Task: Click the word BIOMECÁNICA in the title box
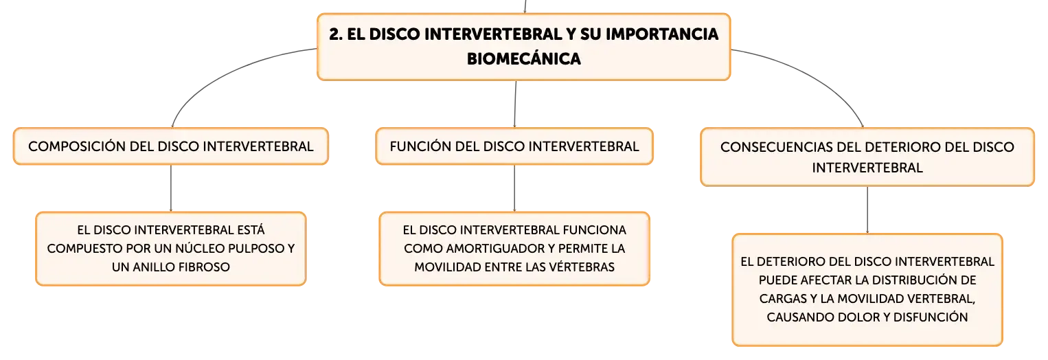click(523, 58)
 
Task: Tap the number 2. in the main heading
click(335, 34)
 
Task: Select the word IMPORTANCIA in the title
click(662, 34)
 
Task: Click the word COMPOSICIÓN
click(77, 146)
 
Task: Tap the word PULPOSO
click(262, 249)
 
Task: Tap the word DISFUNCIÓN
click(931, 317)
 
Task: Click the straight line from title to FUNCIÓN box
click(515, 104)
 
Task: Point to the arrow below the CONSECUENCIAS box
click(867, 210)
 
